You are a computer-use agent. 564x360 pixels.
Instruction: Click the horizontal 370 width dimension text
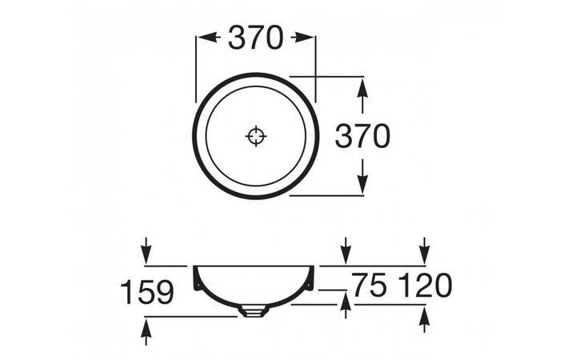pos(255,38)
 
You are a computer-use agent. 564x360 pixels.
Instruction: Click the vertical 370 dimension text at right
pos(362,137)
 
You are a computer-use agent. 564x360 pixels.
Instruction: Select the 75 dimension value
pos(367,285)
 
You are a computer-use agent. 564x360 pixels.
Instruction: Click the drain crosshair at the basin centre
pos(255,137)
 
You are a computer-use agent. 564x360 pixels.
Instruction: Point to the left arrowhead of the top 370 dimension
pos(204,38)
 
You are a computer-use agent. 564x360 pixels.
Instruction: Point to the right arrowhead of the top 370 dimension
pos(306,38)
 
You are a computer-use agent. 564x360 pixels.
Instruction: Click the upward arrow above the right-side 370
pos(362,90)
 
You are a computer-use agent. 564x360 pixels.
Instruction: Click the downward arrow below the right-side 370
pos(362,182)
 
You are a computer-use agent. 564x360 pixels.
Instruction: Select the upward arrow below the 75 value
pos(345,305)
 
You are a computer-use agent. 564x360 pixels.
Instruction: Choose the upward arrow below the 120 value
pos(425,320)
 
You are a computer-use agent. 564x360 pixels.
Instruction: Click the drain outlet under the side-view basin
pos(251,311)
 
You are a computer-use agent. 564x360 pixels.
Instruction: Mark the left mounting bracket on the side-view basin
pos(196,284)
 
